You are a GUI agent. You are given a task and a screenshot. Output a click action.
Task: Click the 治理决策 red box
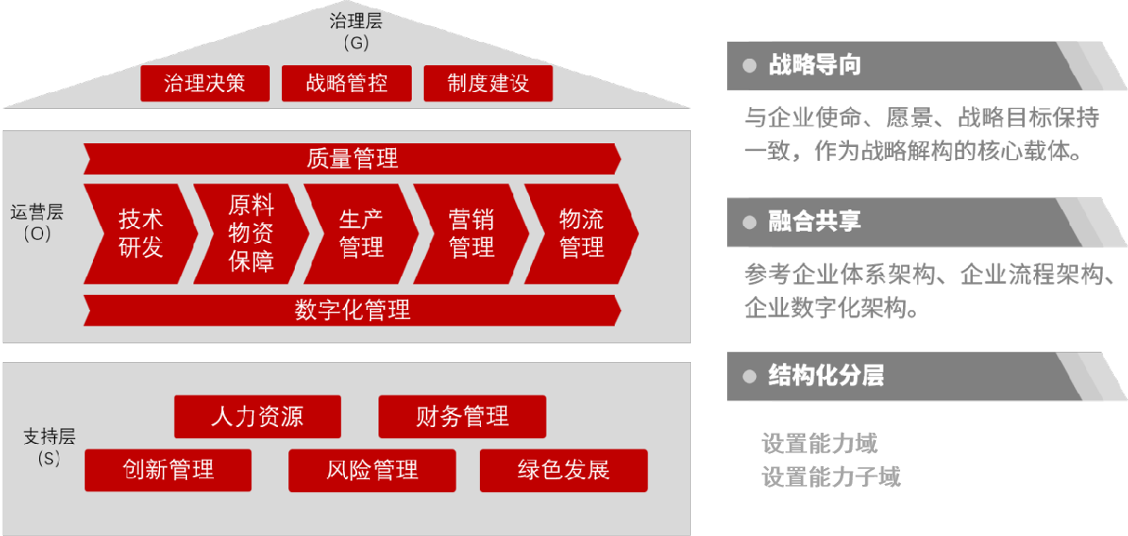205,84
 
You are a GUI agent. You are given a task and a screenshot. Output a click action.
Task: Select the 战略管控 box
346,84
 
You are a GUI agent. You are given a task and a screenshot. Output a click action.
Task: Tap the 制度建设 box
487,84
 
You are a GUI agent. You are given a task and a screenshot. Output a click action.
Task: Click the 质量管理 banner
352,159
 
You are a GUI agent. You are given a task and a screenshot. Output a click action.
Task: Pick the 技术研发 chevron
140,234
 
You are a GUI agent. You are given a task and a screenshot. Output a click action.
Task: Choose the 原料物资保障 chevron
251,234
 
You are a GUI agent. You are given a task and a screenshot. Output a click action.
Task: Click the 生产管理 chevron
361,234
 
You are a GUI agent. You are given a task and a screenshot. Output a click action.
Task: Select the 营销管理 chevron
471,234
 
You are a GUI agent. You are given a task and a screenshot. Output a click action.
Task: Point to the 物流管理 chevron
581,234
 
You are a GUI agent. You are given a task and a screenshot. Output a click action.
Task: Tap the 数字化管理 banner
352,310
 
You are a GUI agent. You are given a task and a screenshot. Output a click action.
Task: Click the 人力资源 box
257,416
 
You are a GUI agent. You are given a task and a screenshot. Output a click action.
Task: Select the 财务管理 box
461,416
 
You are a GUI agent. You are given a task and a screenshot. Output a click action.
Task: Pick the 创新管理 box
167,470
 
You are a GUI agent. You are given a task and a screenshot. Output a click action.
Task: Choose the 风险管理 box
372,470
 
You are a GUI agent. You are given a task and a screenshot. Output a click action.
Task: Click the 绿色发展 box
564,470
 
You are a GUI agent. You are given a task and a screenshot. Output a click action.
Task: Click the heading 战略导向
815,65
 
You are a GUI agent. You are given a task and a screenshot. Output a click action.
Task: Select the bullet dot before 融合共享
750,222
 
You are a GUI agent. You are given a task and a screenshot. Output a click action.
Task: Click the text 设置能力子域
830,477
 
